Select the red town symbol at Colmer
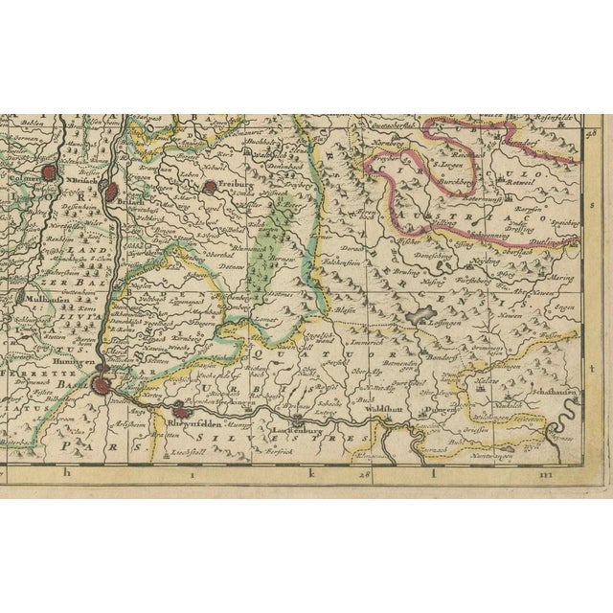click(51, 173)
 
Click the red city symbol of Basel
click(102, 386)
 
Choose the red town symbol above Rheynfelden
click(179, 414)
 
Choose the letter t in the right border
click(595, 367)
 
